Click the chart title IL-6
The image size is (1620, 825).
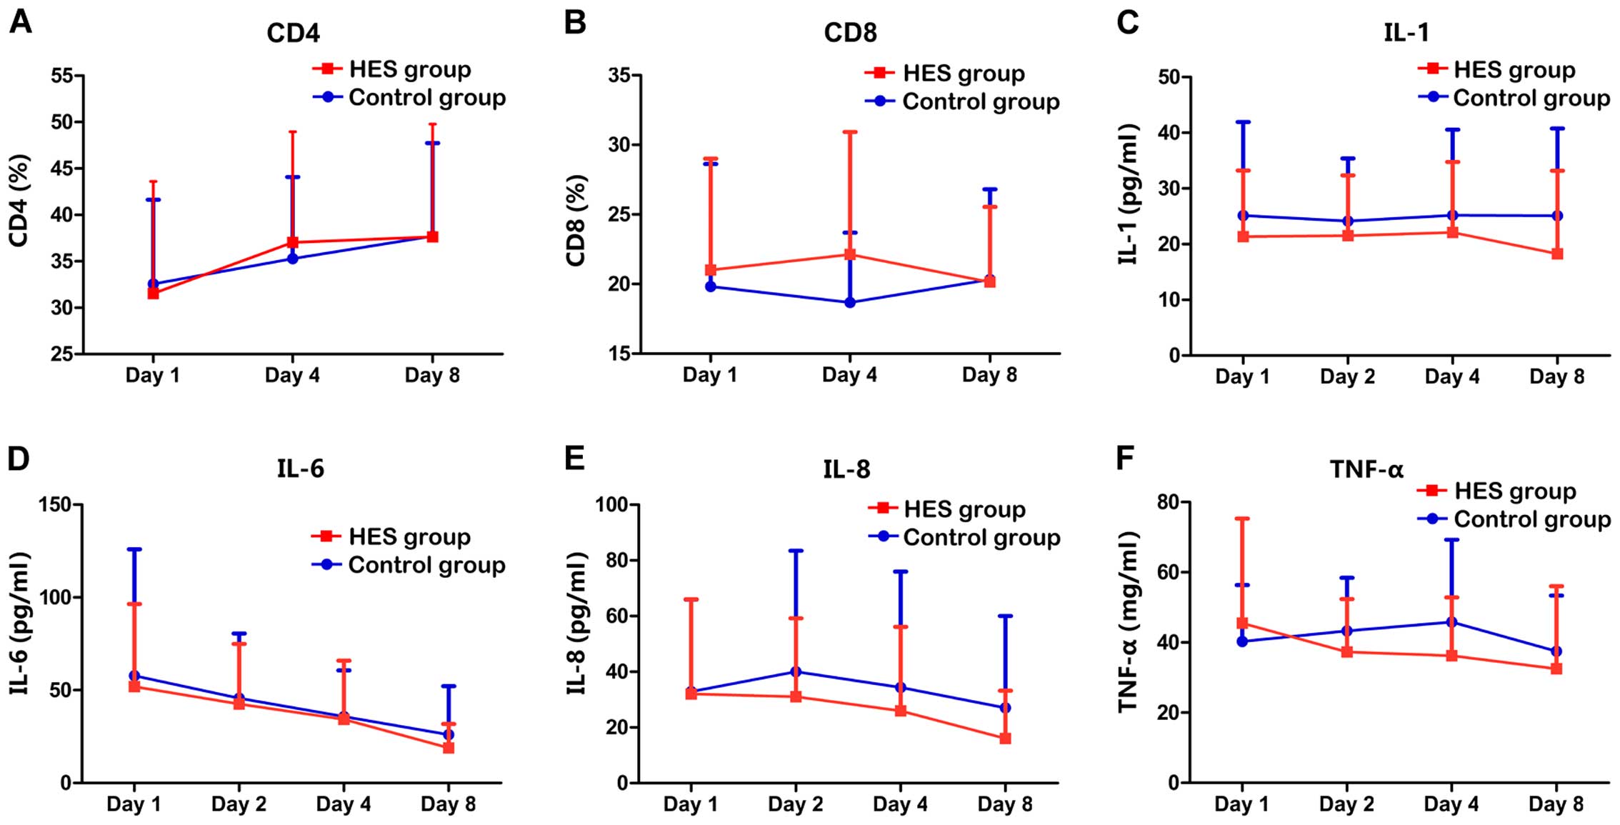pos(300,469)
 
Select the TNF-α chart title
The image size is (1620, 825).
pos(1366,469)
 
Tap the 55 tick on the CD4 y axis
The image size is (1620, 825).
pos(62,76)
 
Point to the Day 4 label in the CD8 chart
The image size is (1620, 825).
pos(849,375)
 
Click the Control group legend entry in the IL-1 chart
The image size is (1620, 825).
pos(1531,98)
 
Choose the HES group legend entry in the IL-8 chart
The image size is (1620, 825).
pos(964,509)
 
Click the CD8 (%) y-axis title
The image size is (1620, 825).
pos(576,220)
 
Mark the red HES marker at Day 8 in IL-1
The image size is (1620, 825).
pos(1557,254)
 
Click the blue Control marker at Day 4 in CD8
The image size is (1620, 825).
pos(850,302)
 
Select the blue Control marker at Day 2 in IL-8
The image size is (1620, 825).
pos(796,671)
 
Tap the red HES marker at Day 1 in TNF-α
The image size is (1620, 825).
pos(1242,623)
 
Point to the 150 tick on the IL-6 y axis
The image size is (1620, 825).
pos(56,505)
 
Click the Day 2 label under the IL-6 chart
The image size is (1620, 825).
pos(239,804)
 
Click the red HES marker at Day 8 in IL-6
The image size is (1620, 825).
pos(449,747)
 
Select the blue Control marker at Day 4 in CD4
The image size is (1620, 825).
pos(292,258)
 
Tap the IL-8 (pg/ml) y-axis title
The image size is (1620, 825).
pos(576,623)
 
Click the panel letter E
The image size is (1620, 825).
pos(574,459)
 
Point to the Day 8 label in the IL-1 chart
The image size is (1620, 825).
pos(1556,376)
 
